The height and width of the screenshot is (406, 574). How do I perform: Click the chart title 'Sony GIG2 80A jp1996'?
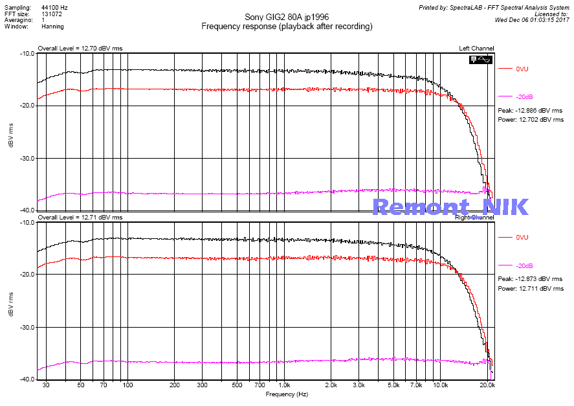click(x=287, y=17)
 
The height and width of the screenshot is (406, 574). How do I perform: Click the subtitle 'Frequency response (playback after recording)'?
click(x=287, y=27)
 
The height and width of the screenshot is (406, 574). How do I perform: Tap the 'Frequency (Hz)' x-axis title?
click(x=287, y=394)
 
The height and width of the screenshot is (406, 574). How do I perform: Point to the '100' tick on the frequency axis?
click(x=127, y=385)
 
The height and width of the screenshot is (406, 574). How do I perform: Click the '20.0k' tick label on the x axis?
click(x=487, y=385)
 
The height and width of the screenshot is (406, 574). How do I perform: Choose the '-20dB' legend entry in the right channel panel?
click(x=524, y=266)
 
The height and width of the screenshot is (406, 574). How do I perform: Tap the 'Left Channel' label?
click(x=476, y=48)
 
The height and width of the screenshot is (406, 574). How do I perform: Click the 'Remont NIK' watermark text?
click(x=450, y=207)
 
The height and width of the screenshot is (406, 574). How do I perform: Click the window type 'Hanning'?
click(x=53, y=27)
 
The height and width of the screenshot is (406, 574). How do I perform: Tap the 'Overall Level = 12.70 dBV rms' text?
click(x=80, y=48)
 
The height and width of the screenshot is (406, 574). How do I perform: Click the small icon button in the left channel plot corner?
click(x=482, y=60)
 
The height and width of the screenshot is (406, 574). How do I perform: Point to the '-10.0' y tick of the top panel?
click(x=27, y=54)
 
